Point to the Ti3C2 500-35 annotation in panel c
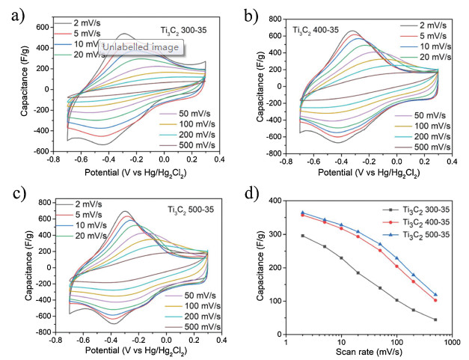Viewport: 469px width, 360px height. coord(189,208)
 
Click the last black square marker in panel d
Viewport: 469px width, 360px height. coord(435,320)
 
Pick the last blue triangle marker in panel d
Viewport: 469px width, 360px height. coord(435,294)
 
